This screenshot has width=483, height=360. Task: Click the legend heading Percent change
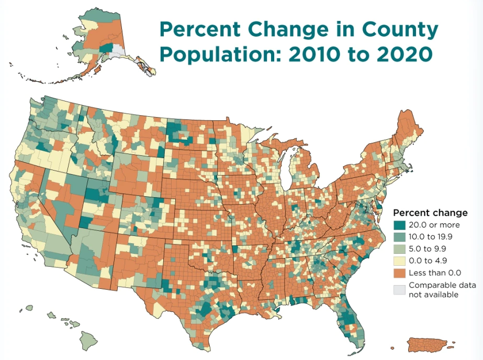coord(430,213)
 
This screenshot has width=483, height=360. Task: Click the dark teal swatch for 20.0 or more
coord(399,225)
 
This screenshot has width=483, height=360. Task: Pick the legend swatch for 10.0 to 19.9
coord(399,237)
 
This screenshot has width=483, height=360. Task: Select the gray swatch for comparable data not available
coord(399,289)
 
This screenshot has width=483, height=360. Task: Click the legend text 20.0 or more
coord(434,225)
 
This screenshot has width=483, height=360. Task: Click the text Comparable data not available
coord(435,290)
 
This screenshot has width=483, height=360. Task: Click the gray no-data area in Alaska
coord(118,51)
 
